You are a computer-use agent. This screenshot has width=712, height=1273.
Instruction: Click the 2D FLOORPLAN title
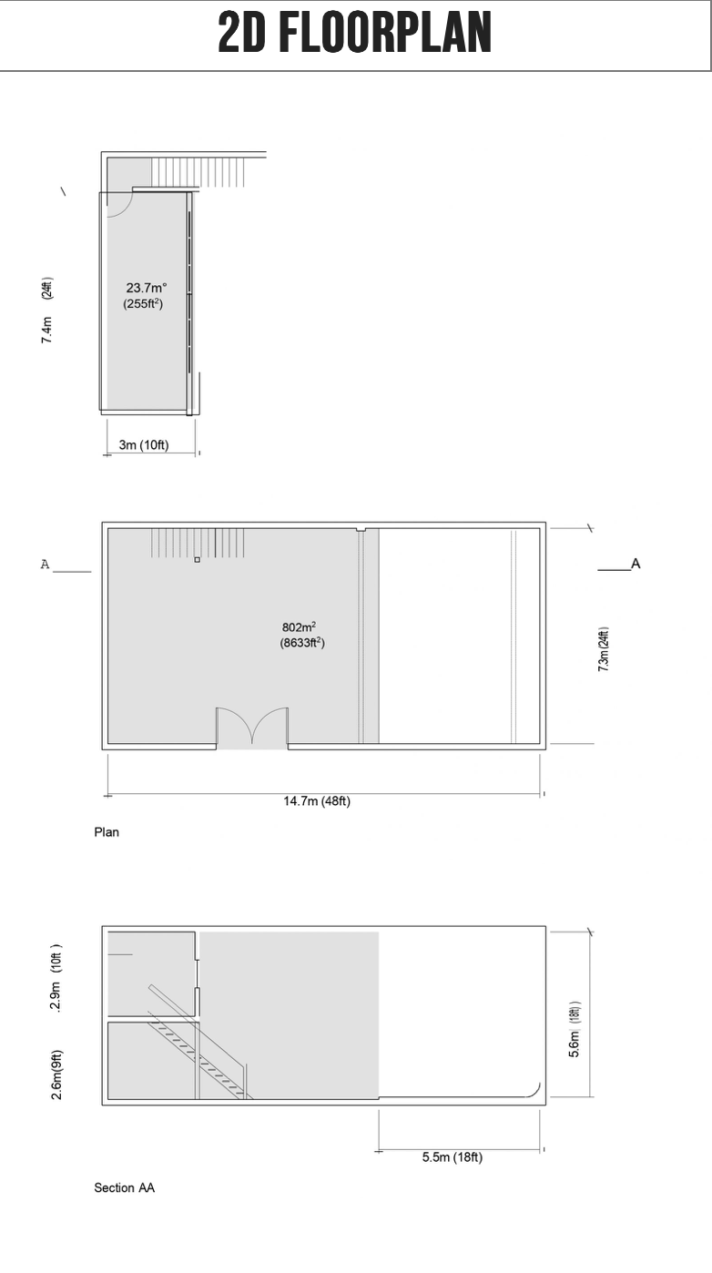click(355, 33)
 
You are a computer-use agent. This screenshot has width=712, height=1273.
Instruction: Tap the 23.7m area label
click(146, 288)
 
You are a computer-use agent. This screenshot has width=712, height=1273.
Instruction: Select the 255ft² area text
click(143, 303)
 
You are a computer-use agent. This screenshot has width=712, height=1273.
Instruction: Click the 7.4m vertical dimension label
click(46, 330)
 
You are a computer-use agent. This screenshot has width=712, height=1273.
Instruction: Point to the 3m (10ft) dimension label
click(144, 444)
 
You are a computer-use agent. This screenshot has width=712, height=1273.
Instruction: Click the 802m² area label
click(299, 626)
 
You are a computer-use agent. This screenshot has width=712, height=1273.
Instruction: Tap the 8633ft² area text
click(302, 643)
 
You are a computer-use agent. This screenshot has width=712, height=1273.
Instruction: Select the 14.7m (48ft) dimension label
click(317, 800)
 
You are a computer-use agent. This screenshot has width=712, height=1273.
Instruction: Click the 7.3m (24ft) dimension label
click(604, 649)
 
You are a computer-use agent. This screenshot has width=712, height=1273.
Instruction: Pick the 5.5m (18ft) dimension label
click(453, 1157)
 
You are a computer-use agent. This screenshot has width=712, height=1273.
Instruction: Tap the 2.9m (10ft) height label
click(56, 977)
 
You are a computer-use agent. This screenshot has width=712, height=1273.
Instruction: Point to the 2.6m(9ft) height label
click(56, 1074)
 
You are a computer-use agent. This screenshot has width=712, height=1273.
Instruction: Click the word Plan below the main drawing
click(107, 832)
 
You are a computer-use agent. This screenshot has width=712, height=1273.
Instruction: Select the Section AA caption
click(125, 1187)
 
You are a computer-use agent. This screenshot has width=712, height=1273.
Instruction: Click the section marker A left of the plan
click(45, 565)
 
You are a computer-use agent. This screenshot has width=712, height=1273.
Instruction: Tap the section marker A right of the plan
click(636, 564)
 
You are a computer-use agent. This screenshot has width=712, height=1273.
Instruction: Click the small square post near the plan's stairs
click(198, 560)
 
